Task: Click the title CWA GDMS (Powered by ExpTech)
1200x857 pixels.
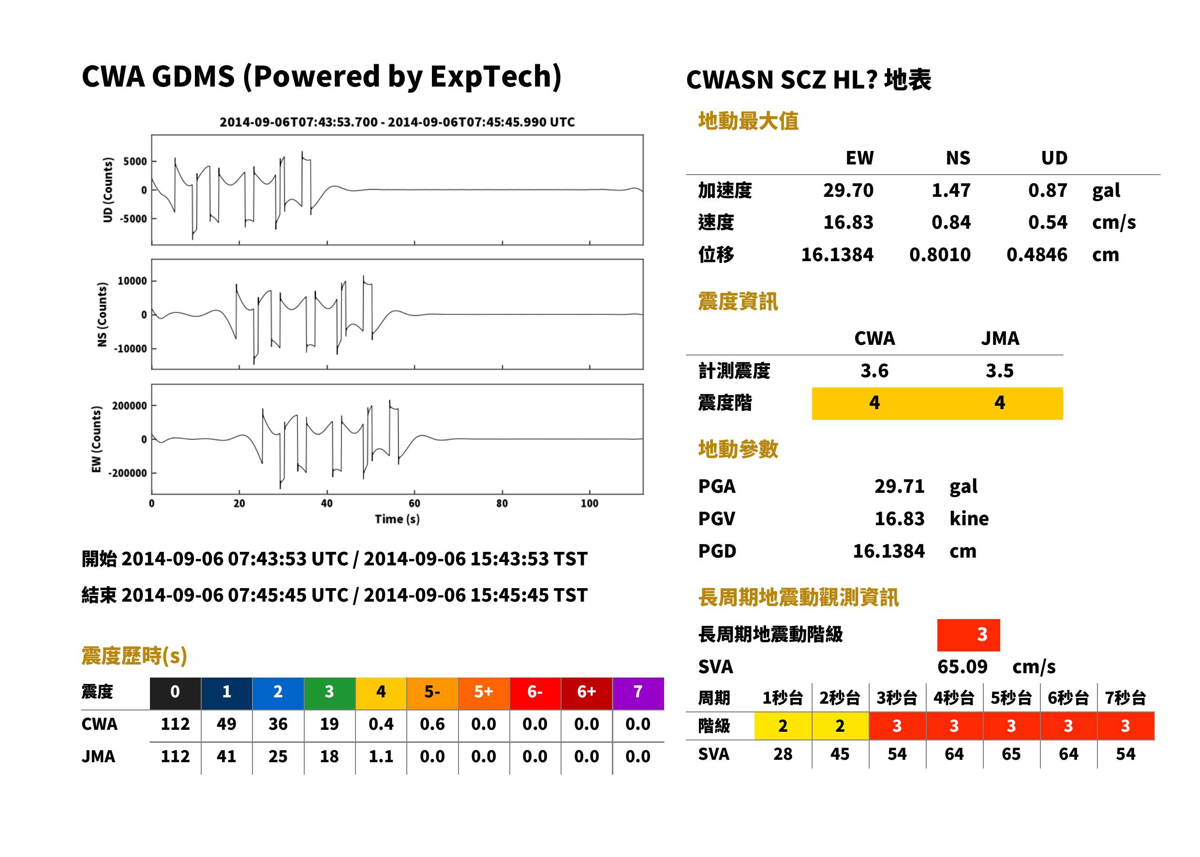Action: click(x=321, y=77)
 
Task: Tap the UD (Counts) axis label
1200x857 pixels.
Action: click(x=108, y=190)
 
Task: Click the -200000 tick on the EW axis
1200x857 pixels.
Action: click(x=127, y=473)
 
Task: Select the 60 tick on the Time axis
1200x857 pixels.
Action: click(x=414, y=503)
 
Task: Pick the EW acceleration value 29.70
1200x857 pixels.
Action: click(x=848, y=191)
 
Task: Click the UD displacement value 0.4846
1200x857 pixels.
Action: click(x=1037, y=255)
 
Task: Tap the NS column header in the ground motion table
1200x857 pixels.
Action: click(x=958, y=158)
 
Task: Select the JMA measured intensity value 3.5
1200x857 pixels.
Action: click(x=999, y=371)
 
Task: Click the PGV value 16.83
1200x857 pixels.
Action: click(x=899, y=519)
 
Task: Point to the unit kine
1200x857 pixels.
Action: click(x=969, y=519)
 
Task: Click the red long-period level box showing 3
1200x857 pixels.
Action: click(x=968, y=635)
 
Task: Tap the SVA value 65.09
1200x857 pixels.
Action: click(x=962, y=667)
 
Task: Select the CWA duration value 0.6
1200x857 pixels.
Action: click(x=432, y=724)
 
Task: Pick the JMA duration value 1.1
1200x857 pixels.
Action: click(x=381, y=757)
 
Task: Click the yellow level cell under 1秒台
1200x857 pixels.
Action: click(x=783, y=726)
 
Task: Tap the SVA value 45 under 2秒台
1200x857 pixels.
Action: click(x=840, y=754)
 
